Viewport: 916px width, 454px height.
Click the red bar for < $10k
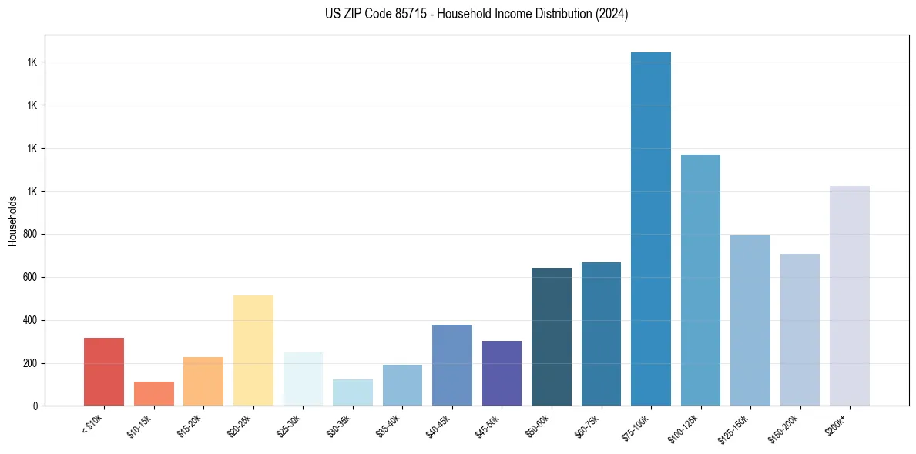click(x=104, y=371)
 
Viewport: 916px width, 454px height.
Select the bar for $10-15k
click(x=154, y=393)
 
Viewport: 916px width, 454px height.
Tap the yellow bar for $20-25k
click(x=253, y=350)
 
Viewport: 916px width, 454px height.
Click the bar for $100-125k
click(x=700, y=280)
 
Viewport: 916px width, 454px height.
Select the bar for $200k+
click(x=850, y=295)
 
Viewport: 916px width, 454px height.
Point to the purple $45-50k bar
click(x=502, y=372)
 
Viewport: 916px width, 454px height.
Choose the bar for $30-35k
click(x=353, y=392)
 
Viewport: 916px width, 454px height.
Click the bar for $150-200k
click(x=800, y=329)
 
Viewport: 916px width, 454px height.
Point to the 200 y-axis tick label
click(x=30, y=363)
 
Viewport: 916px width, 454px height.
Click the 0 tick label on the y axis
click(x=35, y=406)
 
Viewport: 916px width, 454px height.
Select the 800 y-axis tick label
click(x=30, y=234)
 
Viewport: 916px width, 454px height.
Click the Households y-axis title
click(x=12, y=221)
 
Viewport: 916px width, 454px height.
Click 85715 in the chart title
click(x=403, y=14)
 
